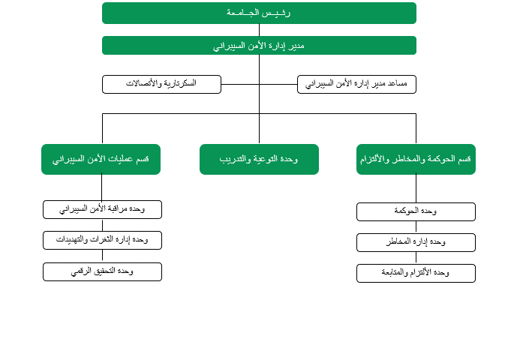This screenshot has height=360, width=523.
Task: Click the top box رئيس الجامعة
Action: (x=259, y=13)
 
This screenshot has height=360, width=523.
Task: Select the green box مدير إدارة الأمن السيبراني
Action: (x=259, y=46)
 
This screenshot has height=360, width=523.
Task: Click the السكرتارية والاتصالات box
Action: (x=161, y=84)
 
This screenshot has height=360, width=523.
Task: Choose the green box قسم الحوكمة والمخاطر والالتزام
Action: (x=416, y=159)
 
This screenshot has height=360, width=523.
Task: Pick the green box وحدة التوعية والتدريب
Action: (x=259, y=159)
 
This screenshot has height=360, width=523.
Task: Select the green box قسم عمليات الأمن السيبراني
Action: (x=101, y=159)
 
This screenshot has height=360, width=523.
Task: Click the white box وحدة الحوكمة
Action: (x=416, y=211)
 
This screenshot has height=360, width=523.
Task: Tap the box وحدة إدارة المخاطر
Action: (x=416, y=242)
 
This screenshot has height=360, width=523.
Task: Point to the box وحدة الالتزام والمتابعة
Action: (x=416, y=273)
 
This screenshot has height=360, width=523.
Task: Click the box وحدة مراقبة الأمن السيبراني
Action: (x=102, y=209)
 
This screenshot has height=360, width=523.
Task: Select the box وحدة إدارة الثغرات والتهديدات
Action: (x=102, y=240)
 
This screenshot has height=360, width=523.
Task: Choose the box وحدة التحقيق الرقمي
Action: (x=102, y=271)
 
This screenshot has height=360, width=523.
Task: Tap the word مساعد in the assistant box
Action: (x=404, y=84)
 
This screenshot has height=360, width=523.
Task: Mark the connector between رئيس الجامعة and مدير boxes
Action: (x=259, y=30)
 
